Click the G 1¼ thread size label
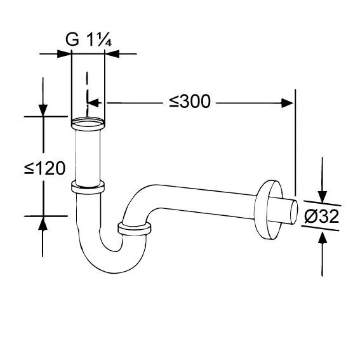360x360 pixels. [x=89, y=39]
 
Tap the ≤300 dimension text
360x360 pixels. [x=190, y=101]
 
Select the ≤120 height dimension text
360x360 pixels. [x=45, y=168]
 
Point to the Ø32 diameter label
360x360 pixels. [x=322, y=217]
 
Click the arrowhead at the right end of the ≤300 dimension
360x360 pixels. [x=288, y=103]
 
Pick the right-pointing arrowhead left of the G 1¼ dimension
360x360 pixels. [x=64, y=54]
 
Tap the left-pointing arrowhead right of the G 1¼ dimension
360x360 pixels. [x=112, y=54]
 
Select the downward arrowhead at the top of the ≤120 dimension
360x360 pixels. [x=43, y=110]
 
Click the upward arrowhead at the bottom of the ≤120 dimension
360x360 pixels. [x=43, y=223]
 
